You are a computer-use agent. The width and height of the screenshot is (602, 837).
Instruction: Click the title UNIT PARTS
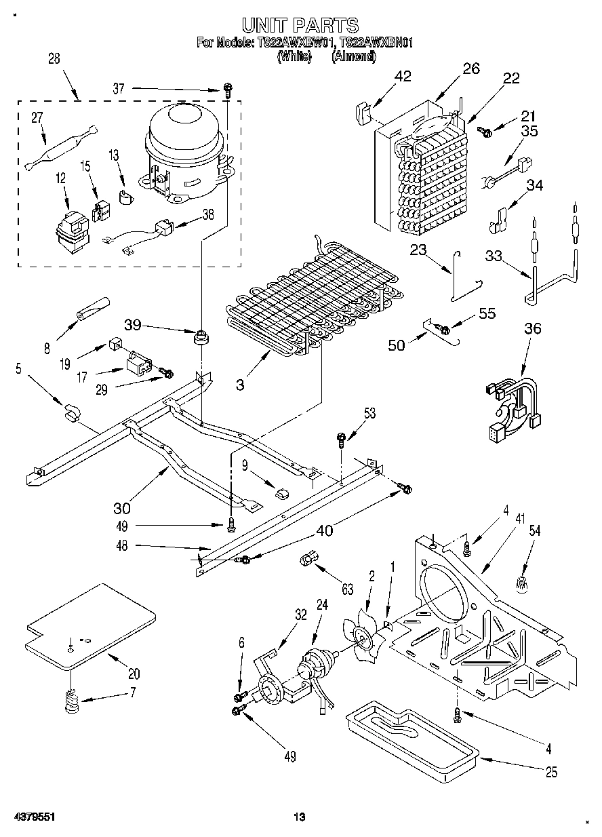(x=300, y=26)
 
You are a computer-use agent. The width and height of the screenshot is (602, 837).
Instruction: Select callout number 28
(x=53, y=59)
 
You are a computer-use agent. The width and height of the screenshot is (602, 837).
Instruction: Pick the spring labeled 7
(x=71, y=702)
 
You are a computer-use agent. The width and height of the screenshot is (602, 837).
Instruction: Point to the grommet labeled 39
(x=201, y=336)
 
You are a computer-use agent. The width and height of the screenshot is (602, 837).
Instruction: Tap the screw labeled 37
(x=228, y=89)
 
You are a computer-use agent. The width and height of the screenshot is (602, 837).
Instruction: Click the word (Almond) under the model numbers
(x=353, y=57)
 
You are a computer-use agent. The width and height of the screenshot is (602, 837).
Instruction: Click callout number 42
(x=402, y=76)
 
